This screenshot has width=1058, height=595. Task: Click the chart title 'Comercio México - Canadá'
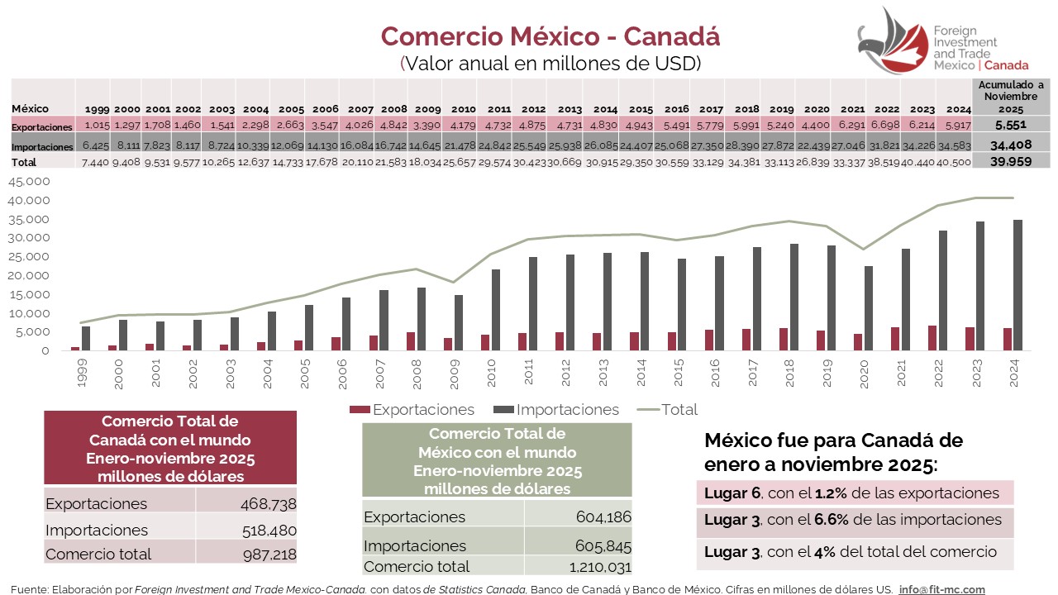coord(550,36)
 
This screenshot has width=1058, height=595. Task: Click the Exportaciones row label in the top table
coord(42,126)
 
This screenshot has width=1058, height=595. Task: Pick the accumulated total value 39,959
coord(1011,162)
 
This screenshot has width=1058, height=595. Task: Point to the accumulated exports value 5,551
coord(1011,124)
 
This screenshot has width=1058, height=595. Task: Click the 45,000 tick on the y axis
coord(28,182)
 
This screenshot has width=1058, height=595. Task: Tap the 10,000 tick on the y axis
coord(28,313)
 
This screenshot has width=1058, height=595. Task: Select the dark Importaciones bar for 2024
coord(1017,285)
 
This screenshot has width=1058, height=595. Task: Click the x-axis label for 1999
coord(80,376)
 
